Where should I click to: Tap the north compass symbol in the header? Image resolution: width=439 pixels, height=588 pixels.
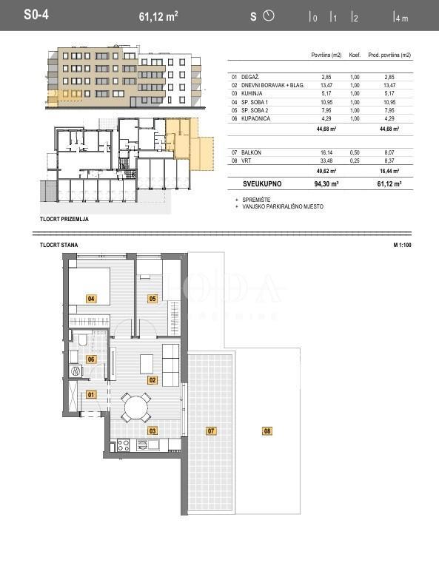click(x=269, y=15)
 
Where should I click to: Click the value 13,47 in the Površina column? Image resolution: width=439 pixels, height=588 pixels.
click(x=327, y=85)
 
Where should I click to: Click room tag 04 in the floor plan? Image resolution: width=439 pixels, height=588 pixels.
click(x=91, y=299)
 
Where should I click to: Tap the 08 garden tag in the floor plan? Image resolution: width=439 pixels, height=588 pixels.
click(x=267, y=430)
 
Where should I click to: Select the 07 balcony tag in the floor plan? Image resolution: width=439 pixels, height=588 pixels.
click(x=210, y=430)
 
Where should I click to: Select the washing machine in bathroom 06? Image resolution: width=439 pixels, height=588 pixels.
click(x=74, y=372)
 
